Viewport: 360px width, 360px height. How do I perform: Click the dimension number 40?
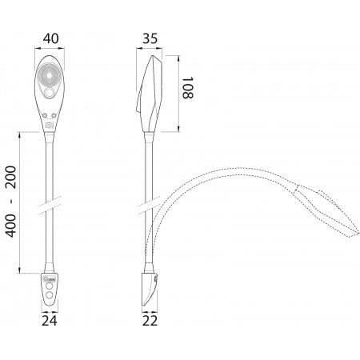click(50, 38)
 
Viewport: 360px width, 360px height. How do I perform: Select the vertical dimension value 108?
click(190, 84)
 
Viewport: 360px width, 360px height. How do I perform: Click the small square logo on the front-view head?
click(50, 125)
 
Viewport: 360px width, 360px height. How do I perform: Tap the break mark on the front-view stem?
click(50, 206)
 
